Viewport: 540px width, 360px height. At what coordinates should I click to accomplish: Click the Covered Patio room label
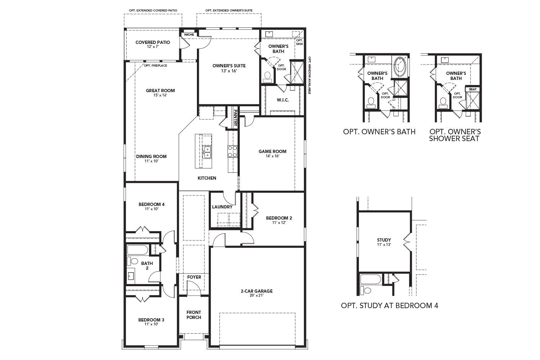point(153,42)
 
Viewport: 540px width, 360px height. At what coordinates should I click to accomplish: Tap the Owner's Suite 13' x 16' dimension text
point(229,71)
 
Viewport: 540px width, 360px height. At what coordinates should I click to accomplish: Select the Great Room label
point(160,90)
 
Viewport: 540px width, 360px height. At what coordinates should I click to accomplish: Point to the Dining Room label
point(151,156)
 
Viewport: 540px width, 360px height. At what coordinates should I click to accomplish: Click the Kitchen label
point(207,178)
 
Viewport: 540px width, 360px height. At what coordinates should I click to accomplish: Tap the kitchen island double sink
point(207,152)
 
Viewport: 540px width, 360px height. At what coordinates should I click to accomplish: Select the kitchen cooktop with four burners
point(233,151)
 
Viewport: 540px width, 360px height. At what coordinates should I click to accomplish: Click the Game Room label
point(272,151)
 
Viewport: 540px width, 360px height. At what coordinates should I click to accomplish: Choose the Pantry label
point(235,118)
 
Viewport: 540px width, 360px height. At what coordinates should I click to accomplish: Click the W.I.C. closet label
point(283,100)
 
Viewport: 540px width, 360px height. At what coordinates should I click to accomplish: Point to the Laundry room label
point(222,207)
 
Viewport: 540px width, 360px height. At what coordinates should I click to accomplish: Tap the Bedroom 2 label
point(279,218)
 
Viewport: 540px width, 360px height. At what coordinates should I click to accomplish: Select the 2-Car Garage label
point(257,291)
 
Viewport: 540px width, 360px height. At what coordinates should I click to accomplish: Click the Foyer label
point(194,277)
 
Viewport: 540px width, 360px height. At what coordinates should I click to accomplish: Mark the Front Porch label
point(194,315)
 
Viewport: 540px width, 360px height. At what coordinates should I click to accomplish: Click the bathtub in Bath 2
point(138,250)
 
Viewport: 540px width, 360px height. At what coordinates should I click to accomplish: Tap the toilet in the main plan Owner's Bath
point(267,76)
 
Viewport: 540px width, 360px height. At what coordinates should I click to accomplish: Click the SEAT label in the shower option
point(473,89)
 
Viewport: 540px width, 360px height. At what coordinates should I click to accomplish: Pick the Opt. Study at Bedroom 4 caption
point(390,306)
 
